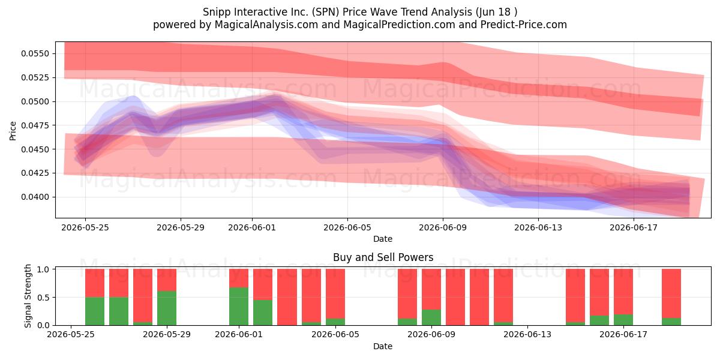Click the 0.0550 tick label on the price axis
click(x=35, y=53)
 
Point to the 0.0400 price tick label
click(x=35, y=197)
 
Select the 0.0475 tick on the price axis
click(x=35, y=125)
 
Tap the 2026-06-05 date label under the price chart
click(x=347, y=227)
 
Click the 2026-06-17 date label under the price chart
click(x=634, y=227)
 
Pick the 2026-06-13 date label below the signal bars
click(x=527, y=334)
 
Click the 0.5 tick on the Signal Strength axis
click(x=43, y=298)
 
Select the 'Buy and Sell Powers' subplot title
click(x=383, y=257)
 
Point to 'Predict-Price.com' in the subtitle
click(x=524, y=25)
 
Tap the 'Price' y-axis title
click(x=13, y=131)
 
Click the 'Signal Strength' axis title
click(x=28, y=296)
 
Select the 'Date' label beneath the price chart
click(x=383, y=239)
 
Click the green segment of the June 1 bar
click(x=239, y=307)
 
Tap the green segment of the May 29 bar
click(x=167, y=308)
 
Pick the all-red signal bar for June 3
click(x=287, y=297)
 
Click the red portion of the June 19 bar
click(x=671, y=293)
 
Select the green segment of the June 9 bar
click(x=431, y=317)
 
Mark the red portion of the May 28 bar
click(x=143, y=295)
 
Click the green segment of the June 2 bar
click(x=263, y=313)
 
